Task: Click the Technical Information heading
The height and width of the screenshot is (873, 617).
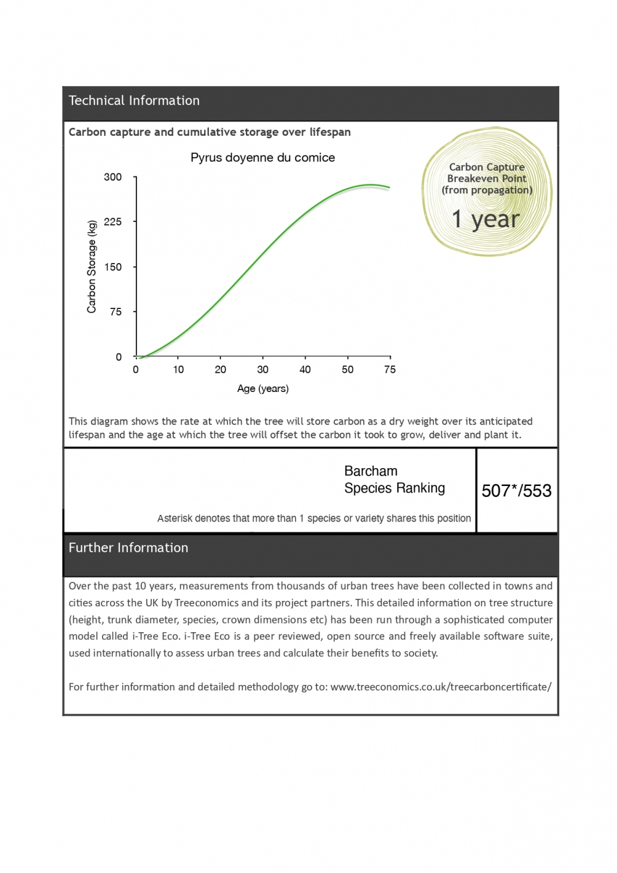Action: pyautogui.click(x=134, y=101)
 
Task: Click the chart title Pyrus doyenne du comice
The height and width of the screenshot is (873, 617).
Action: pyautogui.click(x=262, y=158)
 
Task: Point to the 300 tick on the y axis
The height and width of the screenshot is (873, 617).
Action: pyautogui.click(x=113, y=177)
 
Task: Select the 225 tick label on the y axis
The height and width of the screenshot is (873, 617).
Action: pyautogui.click(x=113, y=222)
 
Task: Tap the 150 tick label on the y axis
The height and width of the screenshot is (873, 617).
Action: pyautogui.click(x=113, y=267)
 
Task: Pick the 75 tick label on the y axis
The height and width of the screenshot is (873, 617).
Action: pyautogui.click(x=116, y=312)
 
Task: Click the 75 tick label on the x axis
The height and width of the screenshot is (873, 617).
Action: pyautogui.click(x=390, y=370)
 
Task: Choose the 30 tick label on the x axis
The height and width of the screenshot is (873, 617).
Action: pyautogui.click(x=262, y=370)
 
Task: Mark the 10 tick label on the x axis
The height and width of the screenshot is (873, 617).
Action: pyautogui.click(x=178, y=370)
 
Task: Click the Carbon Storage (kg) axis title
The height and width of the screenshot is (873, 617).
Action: pyautogui.click(x=92, y=267)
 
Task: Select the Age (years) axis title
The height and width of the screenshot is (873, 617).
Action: pyautogui.click(x=262, y=389)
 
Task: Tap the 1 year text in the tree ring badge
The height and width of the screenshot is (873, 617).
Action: pyautogui.click(x=485, y=219)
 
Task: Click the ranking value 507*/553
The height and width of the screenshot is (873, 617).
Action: pyautogui.click(x=516, y=491)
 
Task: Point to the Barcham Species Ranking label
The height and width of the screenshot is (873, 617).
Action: pyautogui.click(x=394, y=480)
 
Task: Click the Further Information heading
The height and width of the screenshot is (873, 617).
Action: pyautogui.click(x=128, y=548)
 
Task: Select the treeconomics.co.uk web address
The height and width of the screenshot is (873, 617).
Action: pyautogui.click(x=441, y=687)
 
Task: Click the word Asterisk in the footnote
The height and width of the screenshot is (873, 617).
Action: pyautogui.click(x=175, y=519)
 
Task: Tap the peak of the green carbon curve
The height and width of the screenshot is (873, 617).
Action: pyautogui.click(x=370, y=185)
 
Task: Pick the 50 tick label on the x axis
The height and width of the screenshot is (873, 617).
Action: pyautogui.click(x=347, y=370)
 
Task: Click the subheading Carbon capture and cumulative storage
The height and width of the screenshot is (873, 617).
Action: pyautogui.click(x=210, y=132)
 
